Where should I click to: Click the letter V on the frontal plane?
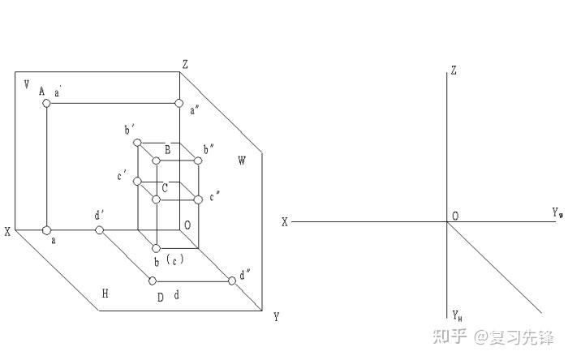click(27, 84)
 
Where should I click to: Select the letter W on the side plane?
click(241, 161)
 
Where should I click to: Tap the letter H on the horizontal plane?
click(105, 293)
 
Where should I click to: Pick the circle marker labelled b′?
click(137, 144)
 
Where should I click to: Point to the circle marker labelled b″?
click(198, 161)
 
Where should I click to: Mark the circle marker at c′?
click(137, 181)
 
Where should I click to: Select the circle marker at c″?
click(198, 198)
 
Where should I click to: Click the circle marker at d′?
click(100, 231)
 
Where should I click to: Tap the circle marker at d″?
click(232, 280)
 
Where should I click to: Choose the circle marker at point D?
click(152, 281)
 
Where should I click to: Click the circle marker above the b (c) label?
click(156, 248)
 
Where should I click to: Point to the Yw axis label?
click(557, 213)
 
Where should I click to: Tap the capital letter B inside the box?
click(167, 149)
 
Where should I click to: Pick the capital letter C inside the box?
click(165, 188)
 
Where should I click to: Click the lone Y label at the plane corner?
click(277, 316)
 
